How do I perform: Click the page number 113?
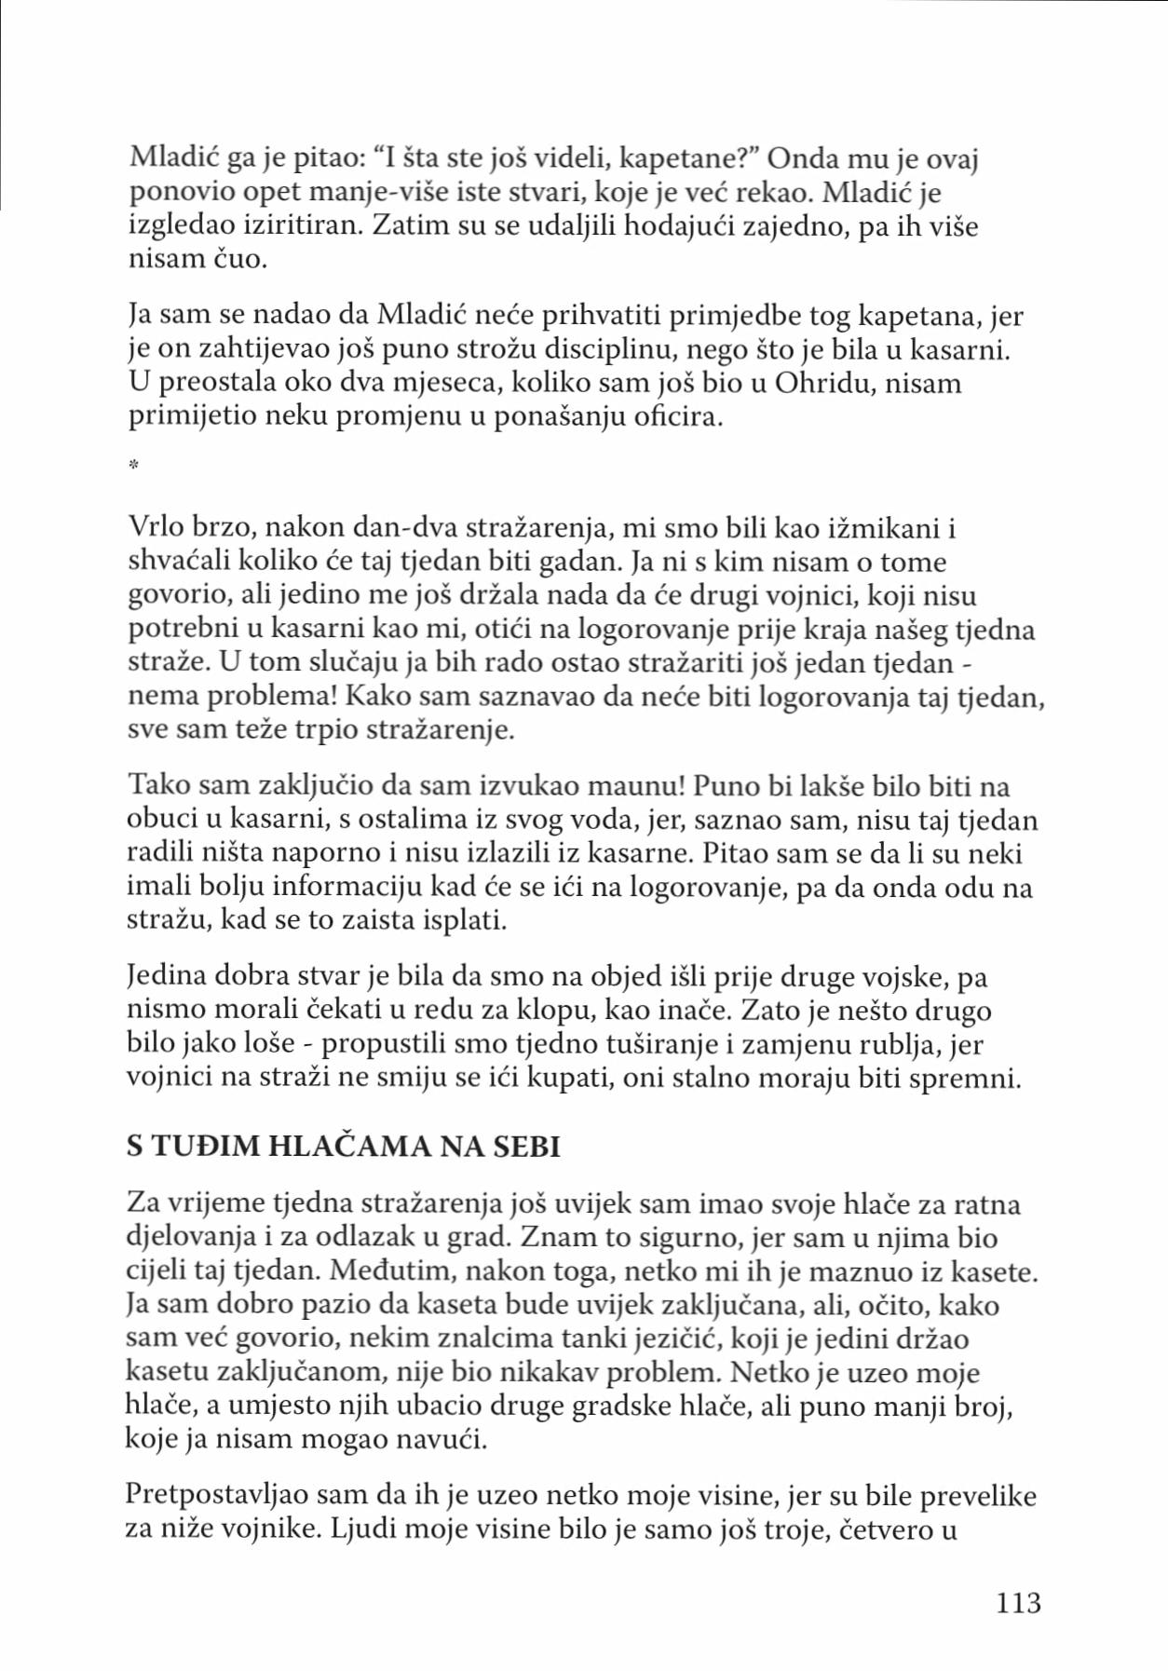[1017, 1602]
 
